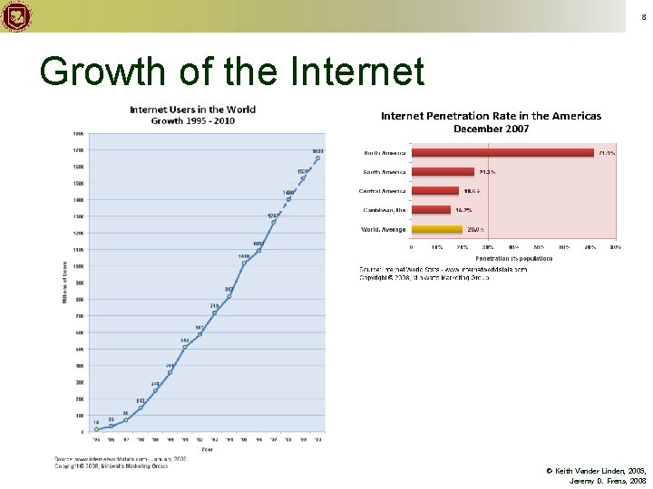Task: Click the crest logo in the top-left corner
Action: click(x=16, y=16)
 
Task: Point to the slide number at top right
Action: click(x=643, y=17)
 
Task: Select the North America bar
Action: click(x=502, y=152)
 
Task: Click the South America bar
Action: click(x=443, y=171)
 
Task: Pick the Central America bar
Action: click(x=434, y=191)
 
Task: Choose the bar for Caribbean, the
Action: click(x=431, y=210)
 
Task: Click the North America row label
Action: click(x=385, y=152)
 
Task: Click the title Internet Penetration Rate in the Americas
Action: click(x=491, y=116)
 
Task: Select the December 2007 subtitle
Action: click(x=491, y=129)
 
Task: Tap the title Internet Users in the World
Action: click(x=192, y=110)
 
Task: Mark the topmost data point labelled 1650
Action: click(x=317, y=158)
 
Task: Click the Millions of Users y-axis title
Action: click(x=65, y=283)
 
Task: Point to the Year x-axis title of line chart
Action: click(x=208, y=448)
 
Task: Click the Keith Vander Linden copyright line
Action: click(x=596, y=472)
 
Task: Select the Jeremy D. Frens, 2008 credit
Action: click(x=608, y=481)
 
